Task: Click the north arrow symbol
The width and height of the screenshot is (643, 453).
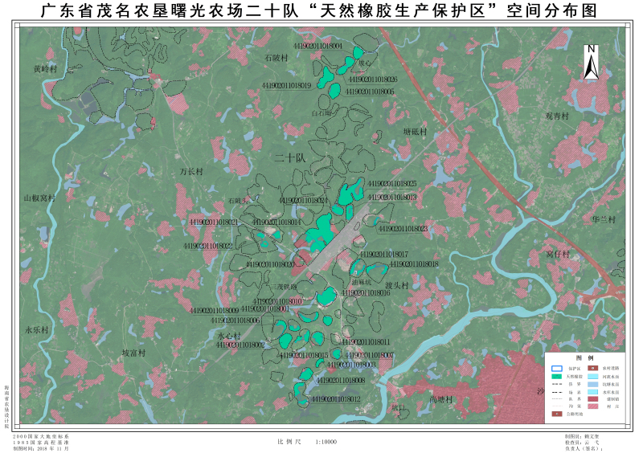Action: point(591,61)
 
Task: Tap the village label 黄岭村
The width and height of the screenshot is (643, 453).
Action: point(45,69)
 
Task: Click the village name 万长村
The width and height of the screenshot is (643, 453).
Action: point(191,171)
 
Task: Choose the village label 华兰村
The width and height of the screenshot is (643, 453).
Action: point(603,219)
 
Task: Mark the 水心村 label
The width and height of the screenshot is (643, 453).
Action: point(229,336)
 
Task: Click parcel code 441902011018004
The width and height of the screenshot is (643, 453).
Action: point(318,47)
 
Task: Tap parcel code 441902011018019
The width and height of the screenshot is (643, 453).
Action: point(286,85)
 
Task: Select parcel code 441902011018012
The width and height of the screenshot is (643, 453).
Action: point(336,398)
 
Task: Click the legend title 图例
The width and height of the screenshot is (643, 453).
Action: point(584,357)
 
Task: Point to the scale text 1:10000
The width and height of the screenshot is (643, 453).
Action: point(326,441)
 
